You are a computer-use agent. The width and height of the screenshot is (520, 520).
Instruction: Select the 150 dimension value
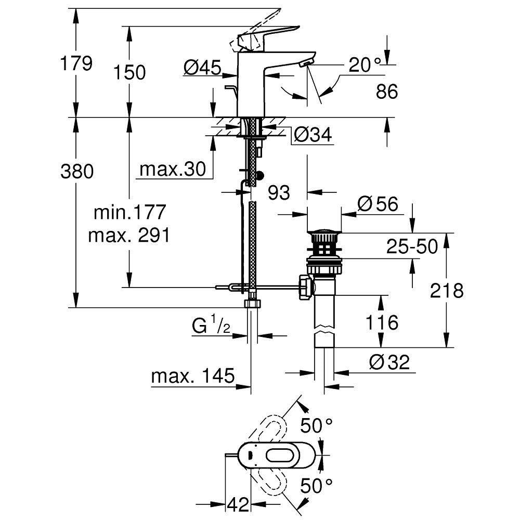(x=130, y=72)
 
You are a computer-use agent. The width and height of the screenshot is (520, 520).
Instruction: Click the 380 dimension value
(x=77, y=171)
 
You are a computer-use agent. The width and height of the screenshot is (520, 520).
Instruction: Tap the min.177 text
(x=129, y=212)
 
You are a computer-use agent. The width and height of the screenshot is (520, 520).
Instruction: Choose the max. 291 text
(x=129, y=236)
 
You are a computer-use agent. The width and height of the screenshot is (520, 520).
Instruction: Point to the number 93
(x=279, y=193)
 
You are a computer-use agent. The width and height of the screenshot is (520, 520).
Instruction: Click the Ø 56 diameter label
(x=378, y=204)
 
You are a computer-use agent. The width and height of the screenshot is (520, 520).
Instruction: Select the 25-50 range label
(x=412, y=247)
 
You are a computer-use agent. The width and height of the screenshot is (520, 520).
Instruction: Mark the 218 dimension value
(x=446, y=291)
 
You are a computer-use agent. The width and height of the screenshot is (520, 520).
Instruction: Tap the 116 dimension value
(x=382, y=322)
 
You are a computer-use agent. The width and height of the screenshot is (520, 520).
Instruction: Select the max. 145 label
(x=193, y=375)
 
